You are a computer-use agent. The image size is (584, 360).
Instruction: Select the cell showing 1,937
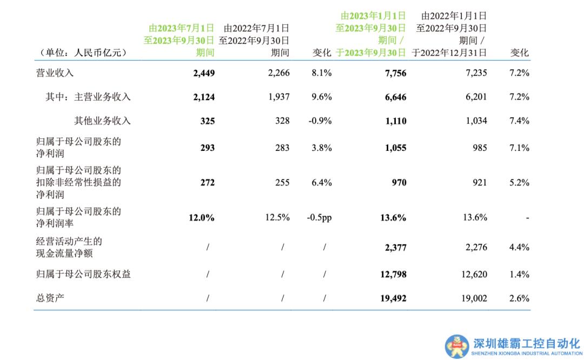coord(278,97)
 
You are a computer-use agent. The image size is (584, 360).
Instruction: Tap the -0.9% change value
coord(320,121)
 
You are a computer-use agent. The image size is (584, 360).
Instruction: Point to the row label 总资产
coord(50,298)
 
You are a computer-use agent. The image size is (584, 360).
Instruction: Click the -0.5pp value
coord(319,217)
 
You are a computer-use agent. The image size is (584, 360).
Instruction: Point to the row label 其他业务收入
coord(102,121)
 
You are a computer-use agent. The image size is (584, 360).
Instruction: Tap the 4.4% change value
coord(519,248)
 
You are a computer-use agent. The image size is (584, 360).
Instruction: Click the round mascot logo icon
coord(457,346)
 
